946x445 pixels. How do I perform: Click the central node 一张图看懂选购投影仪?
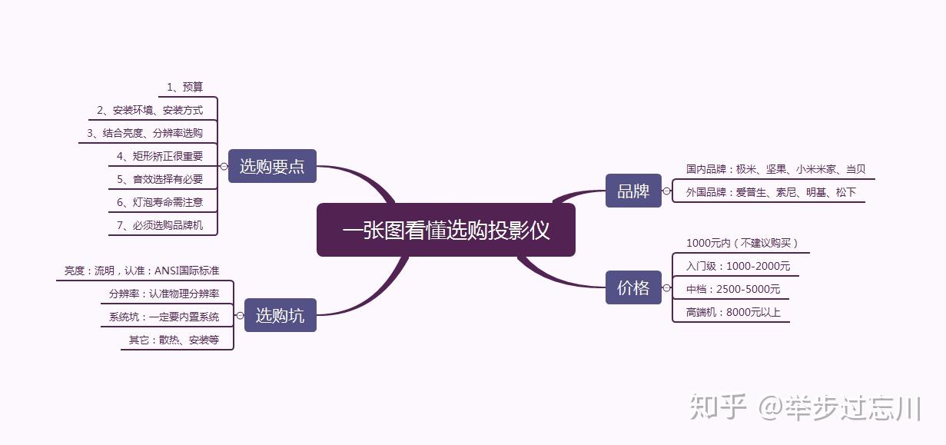[x=446, y=230]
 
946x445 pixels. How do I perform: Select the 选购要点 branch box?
[x=272, y=166]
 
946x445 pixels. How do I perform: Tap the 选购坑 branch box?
[x=280, y=315]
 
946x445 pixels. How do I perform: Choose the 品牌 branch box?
[x=633, y=191]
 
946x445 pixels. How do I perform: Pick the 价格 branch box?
[x=633, y=288]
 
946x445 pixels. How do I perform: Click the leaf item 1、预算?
[x=184, y=87]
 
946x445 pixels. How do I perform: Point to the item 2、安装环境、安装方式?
[x=150, y=111]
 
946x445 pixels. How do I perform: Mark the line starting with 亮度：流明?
[x=141, y=271]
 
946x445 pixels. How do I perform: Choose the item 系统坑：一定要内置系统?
[x=164, y=317]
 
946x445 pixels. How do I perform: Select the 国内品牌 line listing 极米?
[x=775, y=169]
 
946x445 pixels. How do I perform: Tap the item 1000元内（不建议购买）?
[x=742, y=243]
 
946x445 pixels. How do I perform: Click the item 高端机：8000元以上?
[x=733, y=312]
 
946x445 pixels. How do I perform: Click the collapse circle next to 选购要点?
[x=224, y=166]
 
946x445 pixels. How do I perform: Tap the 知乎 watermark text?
[x=719, y=407]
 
